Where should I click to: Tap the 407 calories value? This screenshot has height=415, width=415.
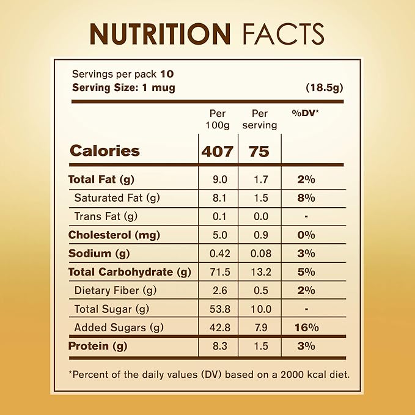click(x=217, y=151)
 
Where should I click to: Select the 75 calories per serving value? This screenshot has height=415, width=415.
click(x=259, y=151)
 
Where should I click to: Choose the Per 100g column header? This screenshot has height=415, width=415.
click(x=217, y=119)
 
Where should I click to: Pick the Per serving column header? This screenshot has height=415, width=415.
click(x=260, y=119)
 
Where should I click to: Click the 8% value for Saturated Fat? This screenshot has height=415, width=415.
click(x=306, y=198)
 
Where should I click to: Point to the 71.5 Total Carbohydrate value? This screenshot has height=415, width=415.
click(x=218, y=272)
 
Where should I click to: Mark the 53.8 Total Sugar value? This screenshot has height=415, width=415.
click(x=218, y=309)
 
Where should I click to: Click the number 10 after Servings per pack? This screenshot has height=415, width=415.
click(x=166, y=75)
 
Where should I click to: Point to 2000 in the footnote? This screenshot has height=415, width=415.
click(x=287, y=373)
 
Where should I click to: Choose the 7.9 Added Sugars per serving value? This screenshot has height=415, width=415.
click(x=259, y=328)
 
